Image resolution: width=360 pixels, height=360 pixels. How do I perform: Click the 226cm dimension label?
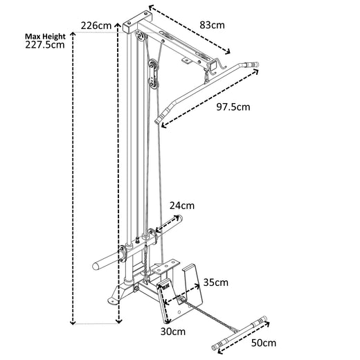[96, 26]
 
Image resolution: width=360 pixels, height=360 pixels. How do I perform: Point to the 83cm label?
[212, 24]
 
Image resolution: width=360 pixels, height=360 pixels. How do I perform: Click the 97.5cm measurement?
[233, 107]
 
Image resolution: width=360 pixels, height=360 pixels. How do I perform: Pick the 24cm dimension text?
[182, 206]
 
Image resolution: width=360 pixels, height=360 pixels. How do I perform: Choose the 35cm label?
[216, 282]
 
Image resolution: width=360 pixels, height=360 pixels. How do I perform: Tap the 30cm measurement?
[173, 332]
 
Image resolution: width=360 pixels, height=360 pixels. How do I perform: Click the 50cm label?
[263, 343]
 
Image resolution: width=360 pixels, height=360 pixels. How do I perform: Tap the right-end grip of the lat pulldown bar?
[253, 64]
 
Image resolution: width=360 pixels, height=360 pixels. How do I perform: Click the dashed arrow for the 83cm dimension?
[191, 31]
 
